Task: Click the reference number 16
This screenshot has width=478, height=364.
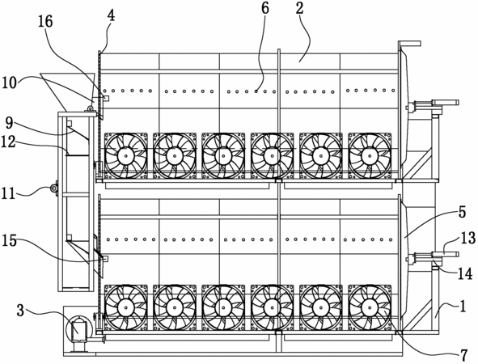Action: [x=45, y=22]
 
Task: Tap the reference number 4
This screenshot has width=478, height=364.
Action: [x=112, y=15]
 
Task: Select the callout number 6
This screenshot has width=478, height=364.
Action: [x=265, y=9]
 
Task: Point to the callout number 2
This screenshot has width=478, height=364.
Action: [x=300, y=8]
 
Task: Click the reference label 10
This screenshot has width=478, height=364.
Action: [x=9, y=83]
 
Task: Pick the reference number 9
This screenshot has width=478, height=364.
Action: [x=10, y=123]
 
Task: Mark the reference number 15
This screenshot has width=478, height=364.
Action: [x=9, y=240]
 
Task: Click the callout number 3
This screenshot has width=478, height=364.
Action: [x=20, y=310]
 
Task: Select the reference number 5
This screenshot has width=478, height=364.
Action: [x=462, y=212]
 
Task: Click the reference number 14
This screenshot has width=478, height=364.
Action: [x=465, y=273]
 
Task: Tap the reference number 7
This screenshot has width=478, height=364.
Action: [x=463, y=355]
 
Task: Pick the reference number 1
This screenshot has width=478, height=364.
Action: [x=463, y=306]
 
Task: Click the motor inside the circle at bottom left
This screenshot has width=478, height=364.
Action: [x=78, y=331]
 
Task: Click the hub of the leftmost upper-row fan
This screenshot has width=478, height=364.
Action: [x=125, y=156]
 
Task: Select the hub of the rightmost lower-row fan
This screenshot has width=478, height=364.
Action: [x=370, y=308]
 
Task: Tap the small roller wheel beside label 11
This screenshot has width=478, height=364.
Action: [x=54, y=189]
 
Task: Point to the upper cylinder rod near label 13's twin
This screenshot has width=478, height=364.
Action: [x=445, y=102]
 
